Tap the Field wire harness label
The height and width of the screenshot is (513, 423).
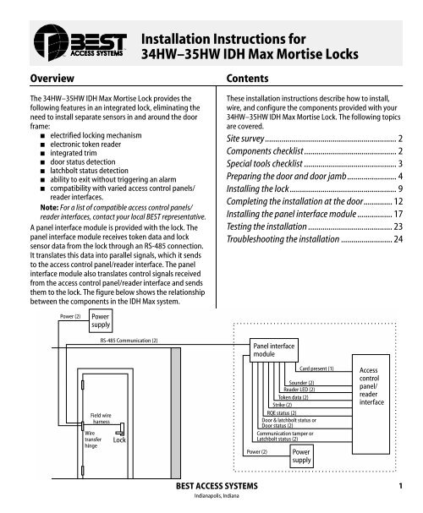click(102, 418)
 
